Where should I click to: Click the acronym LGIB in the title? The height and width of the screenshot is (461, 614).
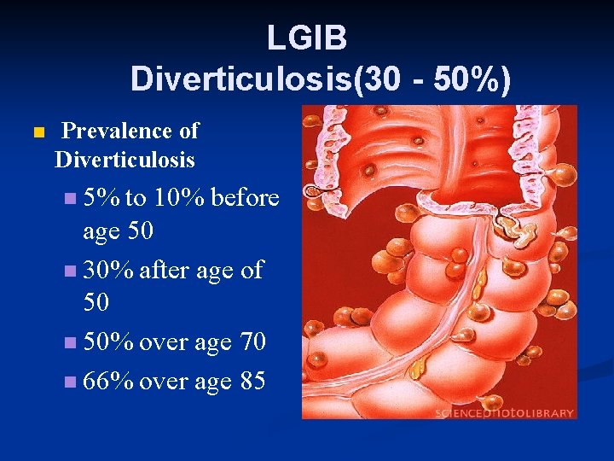(306, 38)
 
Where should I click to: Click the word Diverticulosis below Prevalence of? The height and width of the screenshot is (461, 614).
(125, 160)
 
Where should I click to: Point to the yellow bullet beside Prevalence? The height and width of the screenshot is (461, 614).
(36, 133)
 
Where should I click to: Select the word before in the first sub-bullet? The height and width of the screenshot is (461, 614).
(244, 198)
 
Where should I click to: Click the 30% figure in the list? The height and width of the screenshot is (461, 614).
(108, 271)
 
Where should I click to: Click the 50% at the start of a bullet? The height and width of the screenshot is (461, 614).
(108, 343)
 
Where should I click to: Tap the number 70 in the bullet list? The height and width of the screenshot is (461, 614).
(253, 343)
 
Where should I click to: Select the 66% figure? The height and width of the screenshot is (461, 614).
(108, 382)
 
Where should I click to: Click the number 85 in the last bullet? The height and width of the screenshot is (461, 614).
(253, 382)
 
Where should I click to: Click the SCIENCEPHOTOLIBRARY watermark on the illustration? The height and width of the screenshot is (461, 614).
(504, 412)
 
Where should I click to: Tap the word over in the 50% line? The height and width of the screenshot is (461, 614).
(163, 343)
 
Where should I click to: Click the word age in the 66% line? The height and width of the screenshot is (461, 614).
(213, 382)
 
